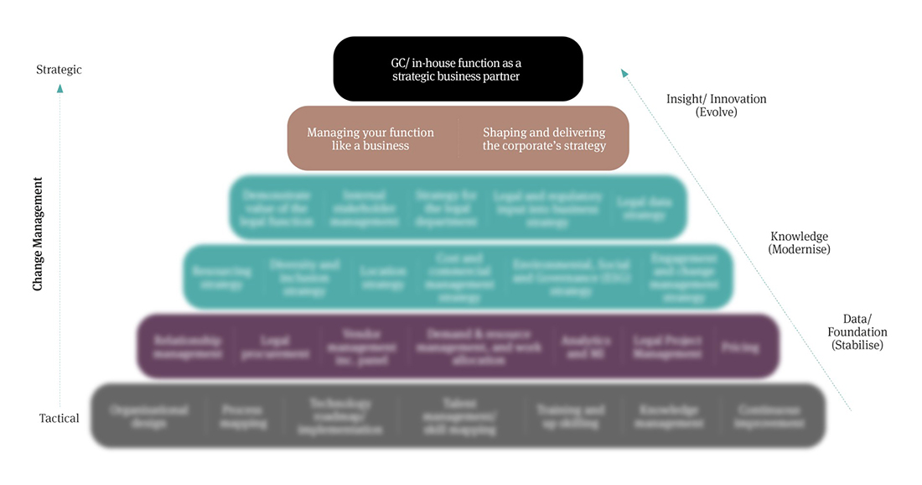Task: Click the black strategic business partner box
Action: click(458, 69)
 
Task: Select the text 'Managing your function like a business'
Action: click(370, 138)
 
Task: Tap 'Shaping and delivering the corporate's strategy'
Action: click(544, 138)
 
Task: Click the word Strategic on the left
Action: click(59, 70)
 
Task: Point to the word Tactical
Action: click(59, 418)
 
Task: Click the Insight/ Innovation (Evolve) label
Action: click(716, 105)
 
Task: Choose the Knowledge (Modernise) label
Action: click(798, 242)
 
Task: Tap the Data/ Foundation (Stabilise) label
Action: click(857, 331)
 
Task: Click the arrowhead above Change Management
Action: click(60, 88)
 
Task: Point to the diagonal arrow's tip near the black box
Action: click(624, 73)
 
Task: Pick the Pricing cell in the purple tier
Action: click(739, 347)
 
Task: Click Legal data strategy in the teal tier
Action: click(642, 208)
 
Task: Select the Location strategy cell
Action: click(383, 278)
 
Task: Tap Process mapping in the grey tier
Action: click(244, 416)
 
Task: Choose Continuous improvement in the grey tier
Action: click(771, 416)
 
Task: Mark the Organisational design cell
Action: click(148, 416)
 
